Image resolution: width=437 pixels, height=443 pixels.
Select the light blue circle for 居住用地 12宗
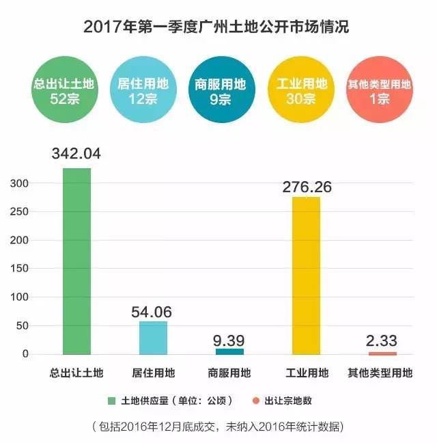click(x=143, y=90)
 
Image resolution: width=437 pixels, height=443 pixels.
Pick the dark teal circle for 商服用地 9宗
click(x=220, y=90)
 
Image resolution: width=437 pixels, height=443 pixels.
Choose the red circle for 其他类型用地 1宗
click(x=379, y=90)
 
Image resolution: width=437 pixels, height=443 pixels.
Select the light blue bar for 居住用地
click(x=153, y=338)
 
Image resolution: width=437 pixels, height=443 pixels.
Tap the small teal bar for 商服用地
click(x=229, y=351)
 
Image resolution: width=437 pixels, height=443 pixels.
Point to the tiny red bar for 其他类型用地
click(x=382, y=353)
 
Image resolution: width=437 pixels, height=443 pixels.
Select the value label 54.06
click(x=152, y=311)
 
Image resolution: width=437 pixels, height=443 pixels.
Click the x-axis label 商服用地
click(x=229, y=373)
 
